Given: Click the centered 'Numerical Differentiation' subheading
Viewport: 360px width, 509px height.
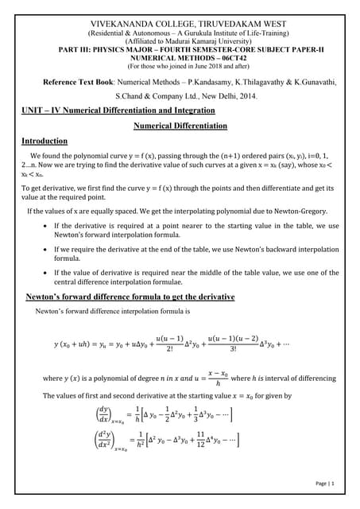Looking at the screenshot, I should click(x=180, y=126).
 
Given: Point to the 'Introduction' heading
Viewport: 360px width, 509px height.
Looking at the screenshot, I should click(x=45, y=141).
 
